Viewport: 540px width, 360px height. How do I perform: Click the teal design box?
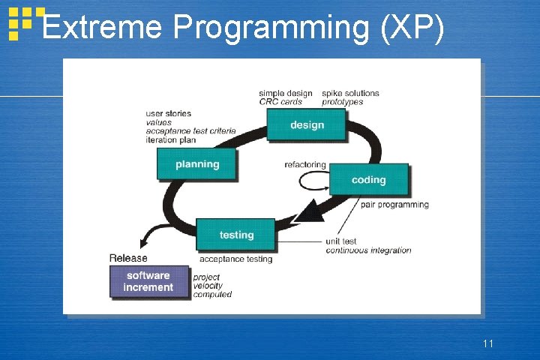pyautogui.click(x=306, y=124)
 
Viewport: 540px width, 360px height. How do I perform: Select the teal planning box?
pyautogui.click(x=196, y=164)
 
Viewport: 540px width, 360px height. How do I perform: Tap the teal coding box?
pyautogui.click(x=368, y=180)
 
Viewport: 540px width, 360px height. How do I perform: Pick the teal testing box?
pyautogui.click(x=236, y=235)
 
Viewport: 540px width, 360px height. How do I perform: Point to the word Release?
pyautogui.click(x=128, y=258)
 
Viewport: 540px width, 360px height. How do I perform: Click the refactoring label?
pyautogui.click(x=305, y=165)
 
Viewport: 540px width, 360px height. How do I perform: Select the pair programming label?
pyautogui.click(x=394, y=205)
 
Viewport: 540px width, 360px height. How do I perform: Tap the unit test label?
pyautogui.click(x=341, y=241)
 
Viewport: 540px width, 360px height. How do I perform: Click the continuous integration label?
pyautogui.click(x=368, y=250)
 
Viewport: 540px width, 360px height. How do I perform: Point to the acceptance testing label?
pyautogui.click(x=235, y=259)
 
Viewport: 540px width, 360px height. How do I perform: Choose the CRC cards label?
pyautogui.click(x=280, y=102)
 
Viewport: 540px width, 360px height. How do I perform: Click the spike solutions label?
pyautogui.click(x=350, y=93)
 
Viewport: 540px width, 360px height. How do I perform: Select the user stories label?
pyautogui.click(x=168, y=114)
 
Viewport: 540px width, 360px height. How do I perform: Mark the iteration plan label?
pyautogui.click(x=171, y=139)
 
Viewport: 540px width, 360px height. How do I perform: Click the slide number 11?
pyautogui.click(x=488, y=343)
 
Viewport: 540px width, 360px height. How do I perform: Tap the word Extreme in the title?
pyautogui.click(x=102, y=27)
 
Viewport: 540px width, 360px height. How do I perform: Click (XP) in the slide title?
pyautogui.click(x=412, y=28)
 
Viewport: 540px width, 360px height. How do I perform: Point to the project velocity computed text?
pyautogui.click(x=212, y=286)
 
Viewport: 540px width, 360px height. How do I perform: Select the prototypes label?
pyautogui.click(x=342, y=102)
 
